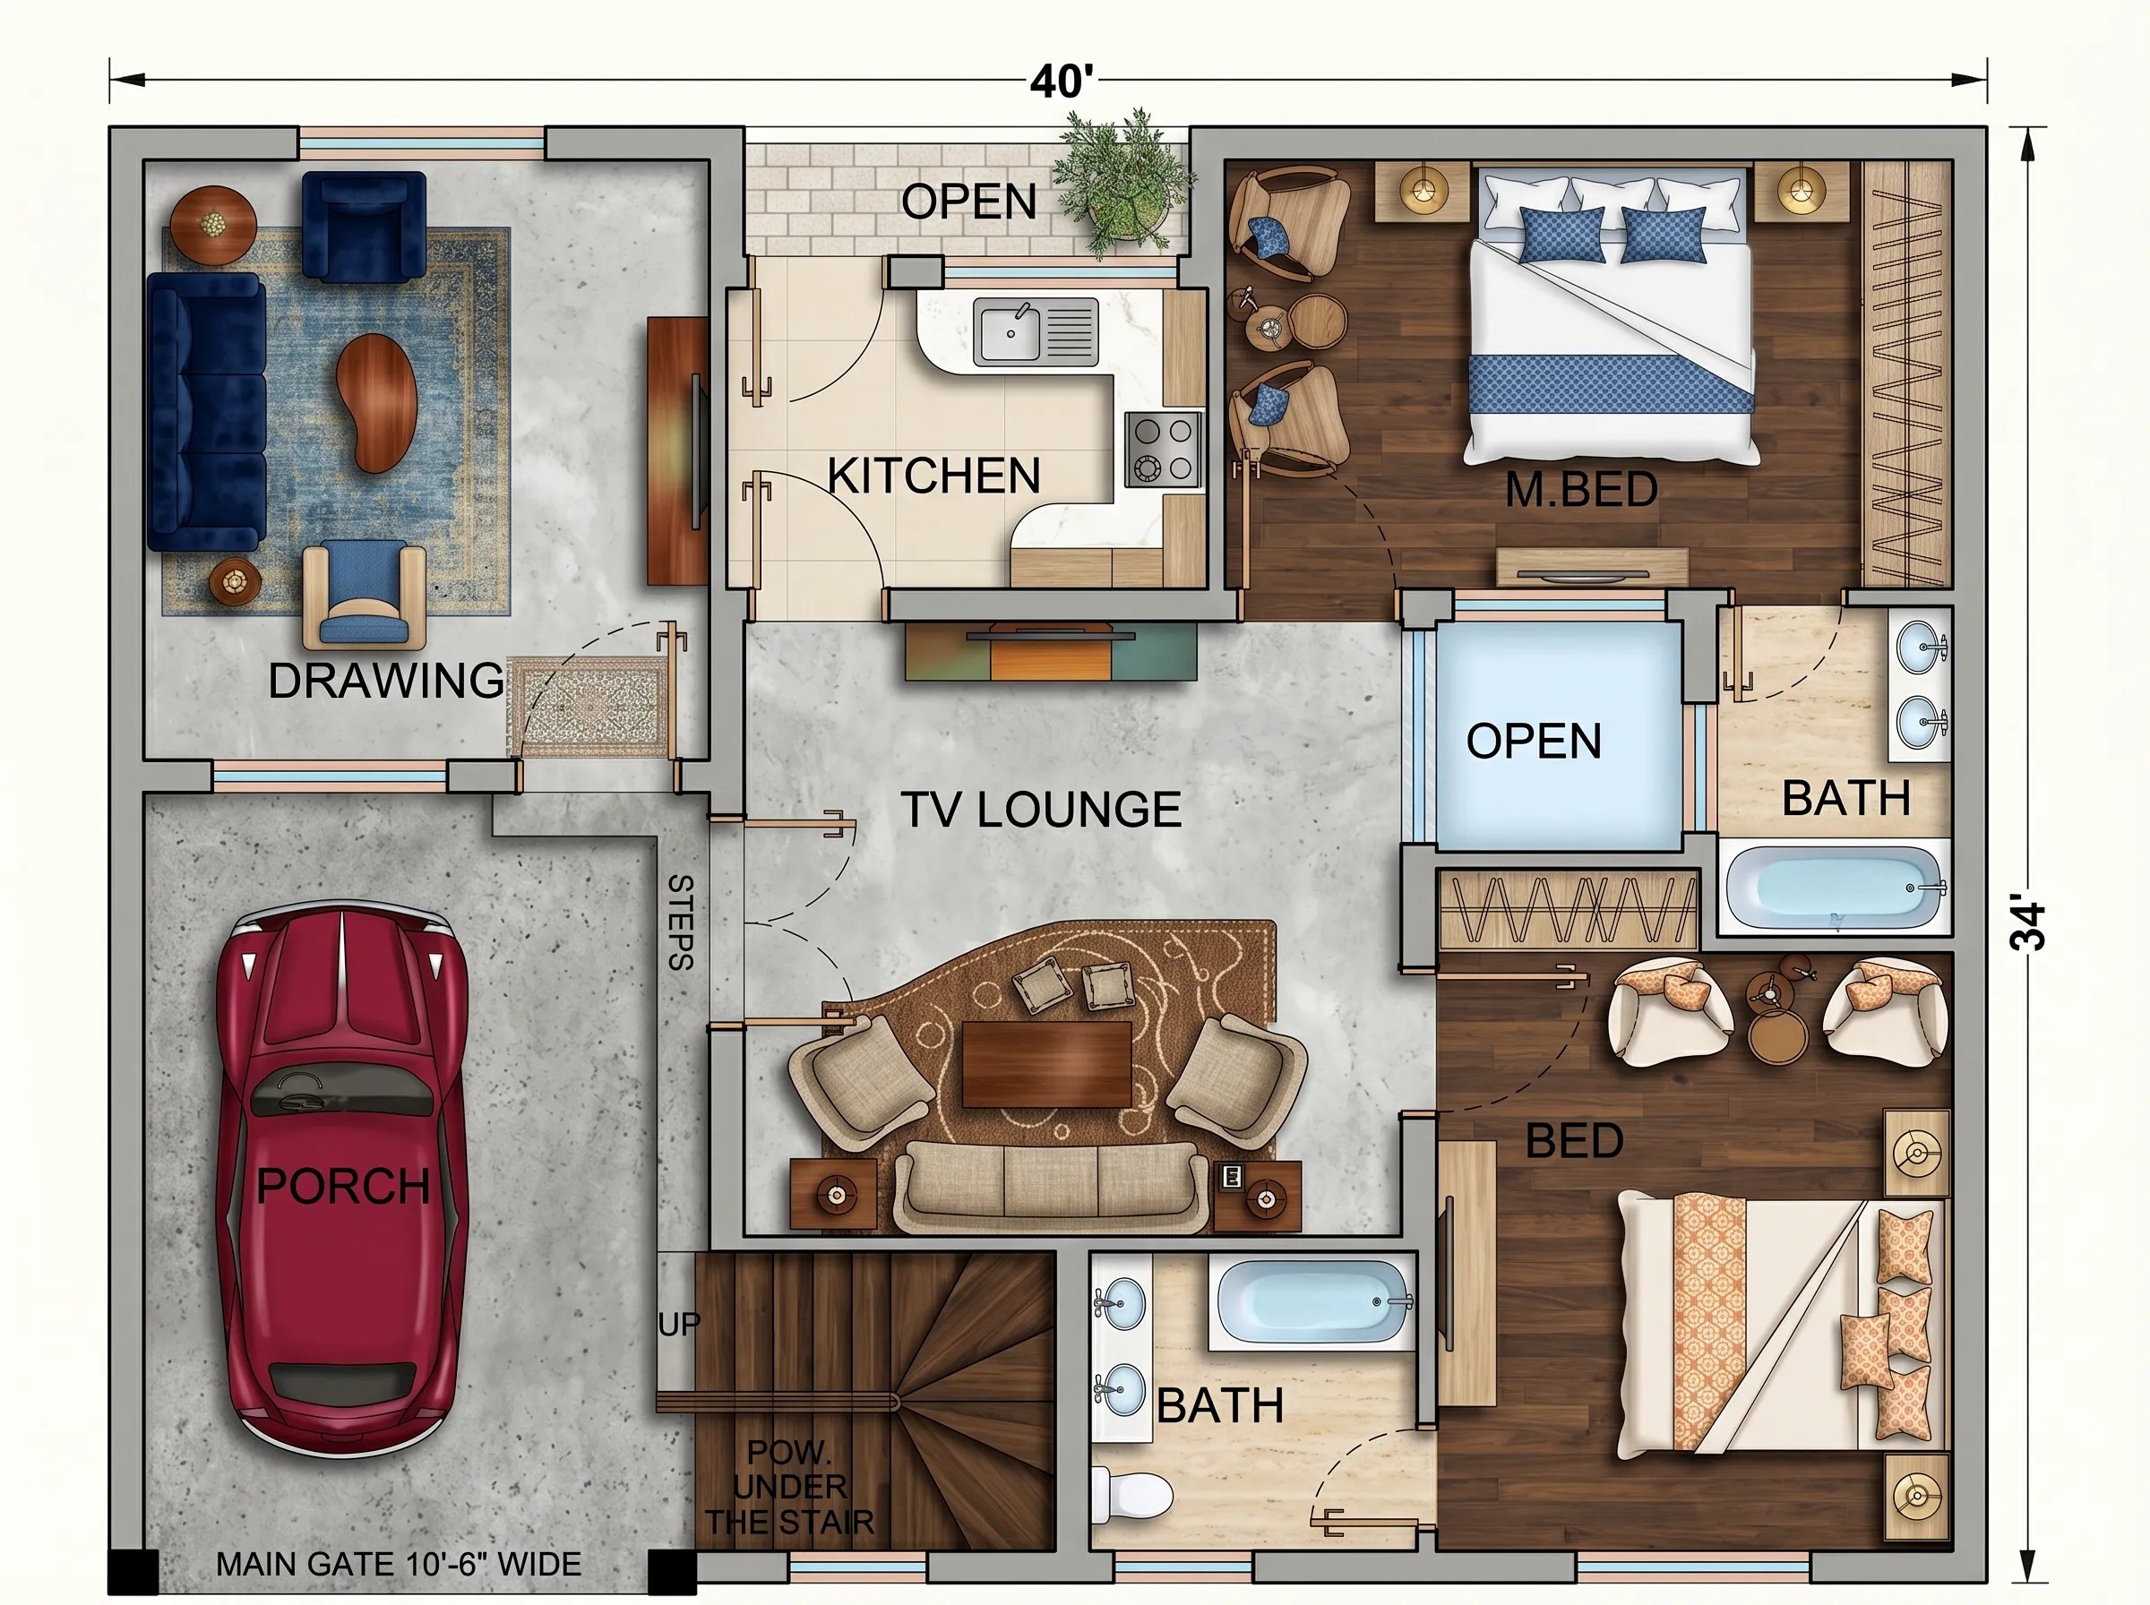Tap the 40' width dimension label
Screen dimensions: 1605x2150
tap(1061, 82)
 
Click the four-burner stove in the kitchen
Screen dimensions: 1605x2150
tap(1163, 449)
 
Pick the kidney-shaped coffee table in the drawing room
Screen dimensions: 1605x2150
tap(377, 401)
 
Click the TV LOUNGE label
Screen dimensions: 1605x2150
tap(1041, 810)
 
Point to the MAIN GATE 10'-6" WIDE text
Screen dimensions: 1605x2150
tap(399, 1564)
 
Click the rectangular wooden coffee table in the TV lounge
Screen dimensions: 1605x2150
tap(1046, 1064)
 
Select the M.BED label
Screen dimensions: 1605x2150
tap(1580, 490)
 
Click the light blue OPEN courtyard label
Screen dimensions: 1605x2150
tap(1533, 742)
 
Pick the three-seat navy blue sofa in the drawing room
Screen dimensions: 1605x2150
tap(206, 412)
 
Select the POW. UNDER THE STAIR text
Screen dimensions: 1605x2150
tap(789, 1487)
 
